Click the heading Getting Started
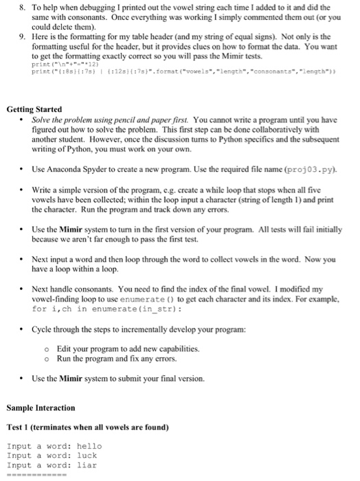pyautogui.click(x=34, y=109)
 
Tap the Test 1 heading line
pyautogui.click(x=87, y=427)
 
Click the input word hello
pyautogui.click(x=89, y=446)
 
